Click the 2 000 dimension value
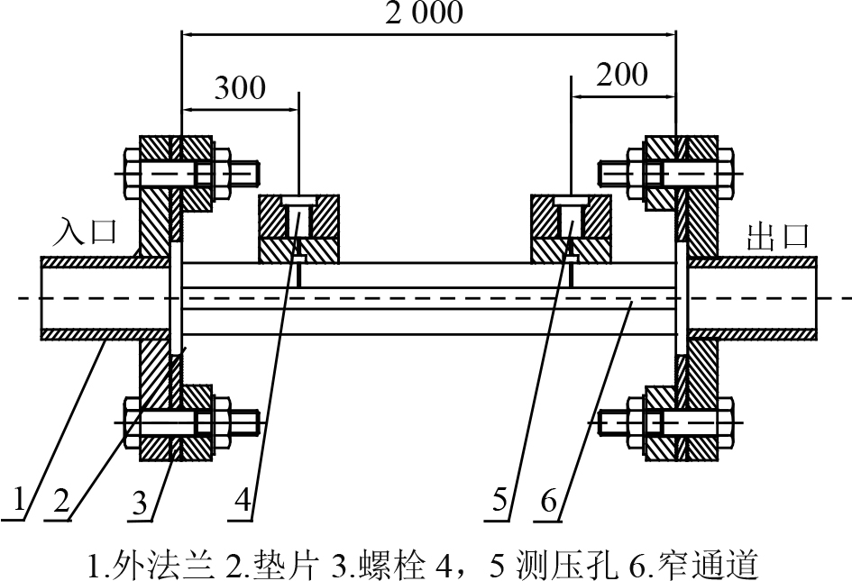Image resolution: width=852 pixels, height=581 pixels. coord(426,13)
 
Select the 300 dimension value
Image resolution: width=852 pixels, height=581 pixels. coord(240,87)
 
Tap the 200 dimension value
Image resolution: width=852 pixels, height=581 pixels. coord(622,74)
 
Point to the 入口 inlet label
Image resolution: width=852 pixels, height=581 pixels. coord(86,232)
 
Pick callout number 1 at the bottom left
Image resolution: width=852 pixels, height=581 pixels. coord(21,498)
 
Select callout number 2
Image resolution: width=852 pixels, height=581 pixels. coord(60,498)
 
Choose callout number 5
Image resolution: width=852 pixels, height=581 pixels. coord(501,498)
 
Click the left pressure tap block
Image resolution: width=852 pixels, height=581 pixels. coord(299,229)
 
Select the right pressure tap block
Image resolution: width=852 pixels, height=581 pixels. coord(572,229)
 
